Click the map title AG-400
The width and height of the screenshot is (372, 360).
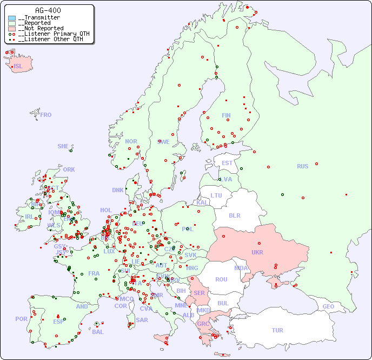(48, 10)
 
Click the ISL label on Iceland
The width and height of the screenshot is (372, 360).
(18, 67)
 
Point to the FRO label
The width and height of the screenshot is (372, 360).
(46, 115)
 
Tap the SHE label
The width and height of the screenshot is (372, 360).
(63, 146)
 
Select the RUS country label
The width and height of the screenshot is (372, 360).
(302, 166)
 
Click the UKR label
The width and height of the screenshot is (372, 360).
(257, 252)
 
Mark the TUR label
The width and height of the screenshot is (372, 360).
(277, 330)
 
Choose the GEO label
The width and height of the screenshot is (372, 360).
(328, 306)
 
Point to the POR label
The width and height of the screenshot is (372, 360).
(21, 319)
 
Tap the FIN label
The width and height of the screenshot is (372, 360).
(226, 115)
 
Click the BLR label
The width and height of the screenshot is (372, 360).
(234, 215)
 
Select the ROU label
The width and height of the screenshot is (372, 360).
(221, 279)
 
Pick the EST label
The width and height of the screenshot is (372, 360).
(227, 163)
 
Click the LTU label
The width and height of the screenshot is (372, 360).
(216, 195)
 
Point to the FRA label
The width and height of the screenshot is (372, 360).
(94, 273)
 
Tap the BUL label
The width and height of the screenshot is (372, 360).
(223, 303)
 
